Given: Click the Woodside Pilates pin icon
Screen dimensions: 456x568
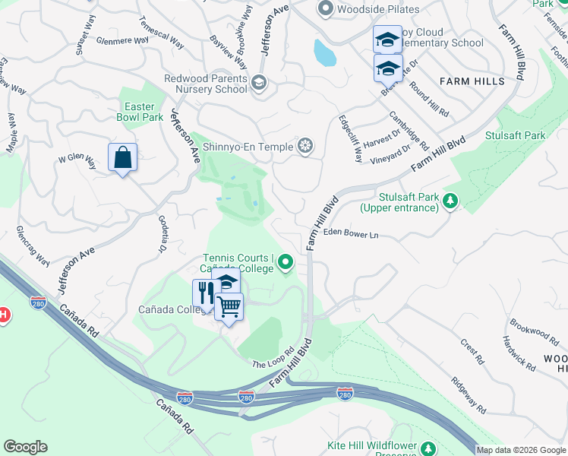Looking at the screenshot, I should point(327,9).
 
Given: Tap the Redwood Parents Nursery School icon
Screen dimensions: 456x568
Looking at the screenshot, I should point(259,83).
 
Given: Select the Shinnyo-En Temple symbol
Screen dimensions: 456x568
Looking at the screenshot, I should point(305,146).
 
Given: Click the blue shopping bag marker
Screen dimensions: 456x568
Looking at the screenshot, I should point(122,158).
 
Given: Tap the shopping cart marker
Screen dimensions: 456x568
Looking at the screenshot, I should point(229,307).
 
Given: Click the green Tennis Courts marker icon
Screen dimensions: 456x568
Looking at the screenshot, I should point(286,263).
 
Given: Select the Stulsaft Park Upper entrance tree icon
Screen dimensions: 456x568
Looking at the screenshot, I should point(451,201).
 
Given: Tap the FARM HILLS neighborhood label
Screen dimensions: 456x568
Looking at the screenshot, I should point(471,81).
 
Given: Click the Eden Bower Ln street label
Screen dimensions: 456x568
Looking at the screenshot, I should point(351,235).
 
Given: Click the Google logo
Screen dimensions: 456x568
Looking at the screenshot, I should point(25,447).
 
